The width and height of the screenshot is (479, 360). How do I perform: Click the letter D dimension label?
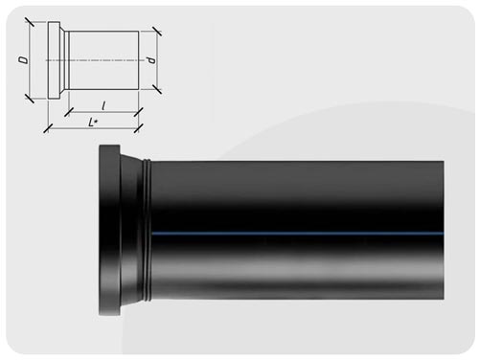(23, 60)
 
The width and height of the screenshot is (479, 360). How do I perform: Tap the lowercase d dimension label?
(150, 60)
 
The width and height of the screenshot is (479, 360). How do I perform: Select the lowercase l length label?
(103, 106)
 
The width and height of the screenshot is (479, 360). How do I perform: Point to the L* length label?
(93, 123)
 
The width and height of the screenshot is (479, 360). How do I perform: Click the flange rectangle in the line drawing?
(54, 60)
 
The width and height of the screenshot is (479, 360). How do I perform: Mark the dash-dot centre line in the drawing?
(94, 60)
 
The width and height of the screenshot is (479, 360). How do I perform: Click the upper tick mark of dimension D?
(29, 22)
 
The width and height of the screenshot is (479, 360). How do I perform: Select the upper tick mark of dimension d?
(156, 32)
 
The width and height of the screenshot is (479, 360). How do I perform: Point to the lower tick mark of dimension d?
(156, 89)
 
